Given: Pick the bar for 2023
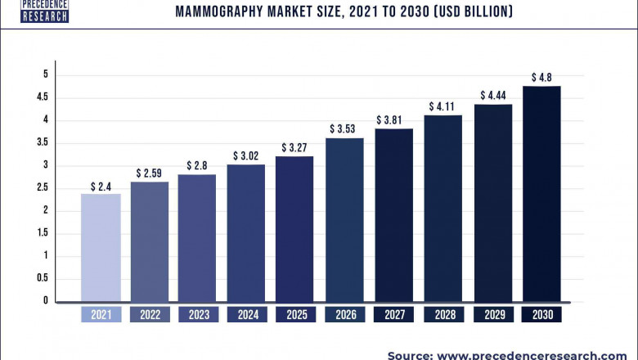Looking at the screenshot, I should [x=197, y=237].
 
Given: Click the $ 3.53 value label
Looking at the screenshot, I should [x=344, y=128].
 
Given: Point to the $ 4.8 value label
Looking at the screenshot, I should [x=541, y=78].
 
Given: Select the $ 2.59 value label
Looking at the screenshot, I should [x=149, y=173].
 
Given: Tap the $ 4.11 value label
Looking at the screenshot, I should [x=443, y=106].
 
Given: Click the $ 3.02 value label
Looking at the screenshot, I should [x=246, y=155].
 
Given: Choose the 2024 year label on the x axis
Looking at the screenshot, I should [x=246, y=315].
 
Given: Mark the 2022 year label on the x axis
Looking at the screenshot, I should [x=149, y=315].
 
